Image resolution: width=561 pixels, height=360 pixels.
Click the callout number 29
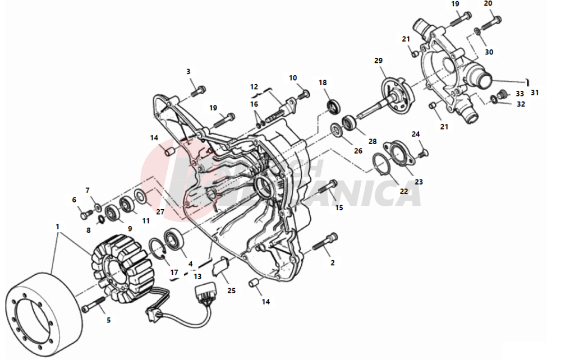378,61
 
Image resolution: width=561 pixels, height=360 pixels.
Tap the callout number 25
232,290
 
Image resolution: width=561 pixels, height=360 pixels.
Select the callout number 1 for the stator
57,227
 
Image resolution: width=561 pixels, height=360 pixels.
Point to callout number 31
534,93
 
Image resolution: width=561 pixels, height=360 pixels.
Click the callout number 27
160,212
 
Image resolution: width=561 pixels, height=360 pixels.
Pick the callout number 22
404,191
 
